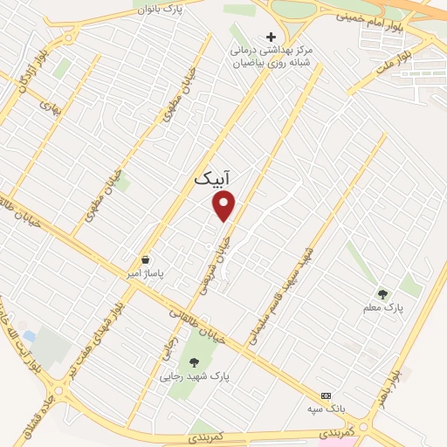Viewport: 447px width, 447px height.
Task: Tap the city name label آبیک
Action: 213,178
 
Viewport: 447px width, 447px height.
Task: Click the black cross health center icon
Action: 271,37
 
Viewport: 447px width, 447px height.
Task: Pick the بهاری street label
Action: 45,103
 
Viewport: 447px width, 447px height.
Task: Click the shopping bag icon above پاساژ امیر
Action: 145,259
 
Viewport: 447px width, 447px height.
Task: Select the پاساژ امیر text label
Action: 146,273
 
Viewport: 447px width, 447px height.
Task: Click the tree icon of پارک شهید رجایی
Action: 193,362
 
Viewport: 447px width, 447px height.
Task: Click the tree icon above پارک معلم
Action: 382,293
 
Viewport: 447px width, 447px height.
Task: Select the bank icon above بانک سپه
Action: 327,395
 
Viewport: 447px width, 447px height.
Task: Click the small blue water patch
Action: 30,335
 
